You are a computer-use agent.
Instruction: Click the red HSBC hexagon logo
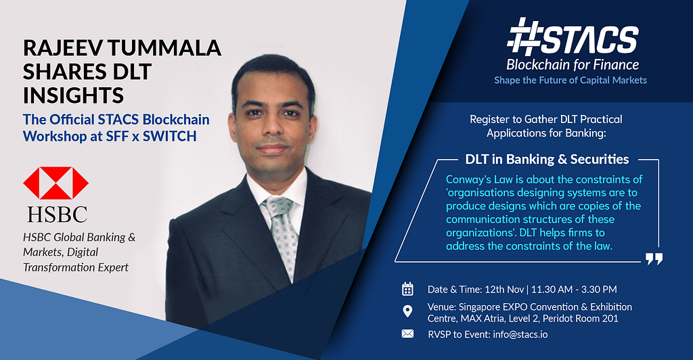(55, 183)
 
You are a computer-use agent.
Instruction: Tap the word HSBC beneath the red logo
(57, 215)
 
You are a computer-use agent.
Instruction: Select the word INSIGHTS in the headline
(73, 95)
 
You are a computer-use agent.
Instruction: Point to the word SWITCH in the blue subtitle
(170, 136)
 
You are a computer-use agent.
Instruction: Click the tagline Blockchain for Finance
(573, 65)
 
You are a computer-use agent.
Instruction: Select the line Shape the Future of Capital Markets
(571, 80)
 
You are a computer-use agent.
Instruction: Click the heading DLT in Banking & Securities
(547, 159)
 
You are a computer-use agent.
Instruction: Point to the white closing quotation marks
(654, 259)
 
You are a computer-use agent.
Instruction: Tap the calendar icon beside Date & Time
(407, 289)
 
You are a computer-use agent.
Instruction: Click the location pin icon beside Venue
(407, 311)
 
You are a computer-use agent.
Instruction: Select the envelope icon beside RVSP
(407, 334)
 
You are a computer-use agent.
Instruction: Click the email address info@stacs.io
(520, 334)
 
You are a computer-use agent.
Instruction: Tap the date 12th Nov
(504, 290)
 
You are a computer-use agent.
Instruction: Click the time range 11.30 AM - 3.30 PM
(574, 290)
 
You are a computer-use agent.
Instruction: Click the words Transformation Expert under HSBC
(76, 267)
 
